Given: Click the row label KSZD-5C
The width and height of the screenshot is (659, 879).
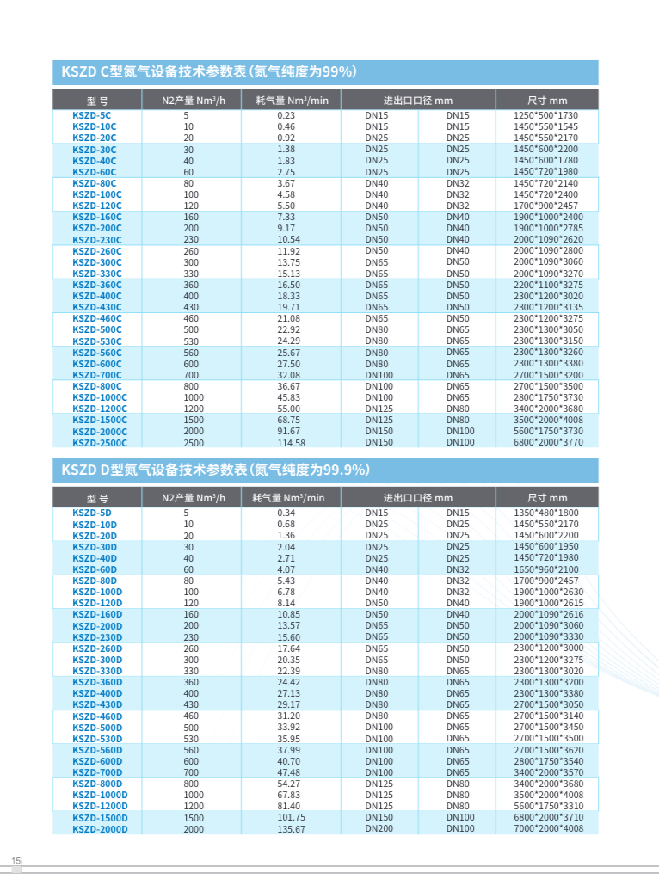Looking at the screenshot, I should coord(92,115).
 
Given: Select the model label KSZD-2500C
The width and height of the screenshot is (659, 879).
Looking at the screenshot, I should coord(100,443).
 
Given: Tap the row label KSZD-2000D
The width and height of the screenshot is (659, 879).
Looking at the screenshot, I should coord(100,829).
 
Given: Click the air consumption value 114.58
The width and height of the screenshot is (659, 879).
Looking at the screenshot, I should coord(292,443).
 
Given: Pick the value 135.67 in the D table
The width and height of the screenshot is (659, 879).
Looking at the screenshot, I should coord(292,829).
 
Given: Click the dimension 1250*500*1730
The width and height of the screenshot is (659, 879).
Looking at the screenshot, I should coord(546,115).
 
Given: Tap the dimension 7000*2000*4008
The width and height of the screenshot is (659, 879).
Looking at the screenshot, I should coord(548,829).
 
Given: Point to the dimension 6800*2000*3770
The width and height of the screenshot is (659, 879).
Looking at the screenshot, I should coord(548,443).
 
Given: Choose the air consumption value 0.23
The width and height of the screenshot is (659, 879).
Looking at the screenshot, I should coord(286,115).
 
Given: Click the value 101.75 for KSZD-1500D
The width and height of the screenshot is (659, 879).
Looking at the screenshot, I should coord(292,818).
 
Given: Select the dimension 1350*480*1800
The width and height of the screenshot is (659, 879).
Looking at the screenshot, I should coord(546,513).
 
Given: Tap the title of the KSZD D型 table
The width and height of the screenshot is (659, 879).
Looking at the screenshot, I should coord(215,470).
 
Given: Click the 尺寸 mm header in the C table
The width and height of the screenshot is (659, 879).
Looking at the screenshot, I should coord(547,101).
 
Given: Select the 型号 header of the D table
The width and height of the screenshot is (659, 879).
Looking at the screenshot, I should coord(97,498).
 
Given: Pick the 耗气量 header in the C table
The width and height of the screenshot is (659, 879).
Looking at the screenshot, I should coord(293,101).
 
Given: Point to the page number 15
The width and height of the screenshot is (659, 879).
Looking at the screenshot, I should coord(15,860).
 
